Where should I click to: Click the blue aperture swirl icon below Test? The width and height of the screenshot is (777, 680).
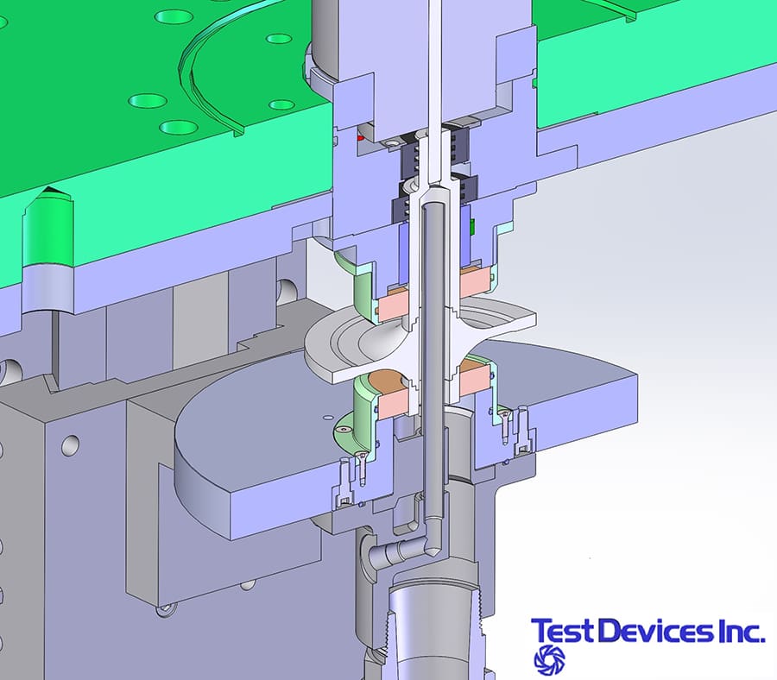[x=549, y=658]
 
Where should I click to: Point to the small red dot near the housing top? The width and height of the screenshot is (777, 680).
[x=360, y=135]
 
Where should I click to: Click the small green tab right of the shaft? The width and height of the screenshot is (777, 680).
[x=473, y=225]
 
